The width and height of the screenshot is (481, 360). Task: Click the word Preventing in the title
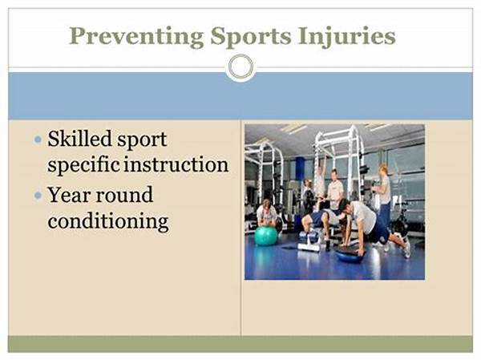pos(136,37)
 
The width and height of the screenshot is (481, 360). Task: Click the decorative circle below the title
pos(241,67)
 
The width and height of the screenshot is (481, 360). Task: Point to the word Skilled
pos(79,139)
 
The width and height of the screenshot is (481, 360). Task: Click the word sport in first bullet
pos(142,140)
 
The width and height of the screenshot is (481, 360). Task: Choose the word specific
pos(83,165)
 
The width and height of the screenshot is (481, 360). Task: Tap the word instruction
pos(176,164)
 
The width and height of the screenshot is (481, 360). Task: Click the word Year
pos(68,195)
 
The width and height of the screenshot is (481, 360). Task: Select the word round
pos(124,195)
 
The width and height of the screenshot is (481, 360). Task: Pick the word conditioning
pos(108,221)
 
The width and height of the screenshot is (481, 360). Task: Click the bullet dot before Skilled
pos(38,140)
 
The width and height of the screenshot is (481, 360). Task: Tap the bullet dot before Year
pos(38,195)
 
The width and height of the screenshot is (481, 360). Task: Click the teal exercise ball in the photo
pos(266,236)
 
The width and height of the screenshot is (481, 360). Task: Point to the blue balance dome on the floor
pos(349,254)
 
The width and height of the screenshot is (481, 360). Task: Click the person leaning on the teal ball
pos(268,215)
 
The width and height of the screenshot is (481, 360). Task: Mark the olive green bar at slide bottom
pos(240,344)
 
